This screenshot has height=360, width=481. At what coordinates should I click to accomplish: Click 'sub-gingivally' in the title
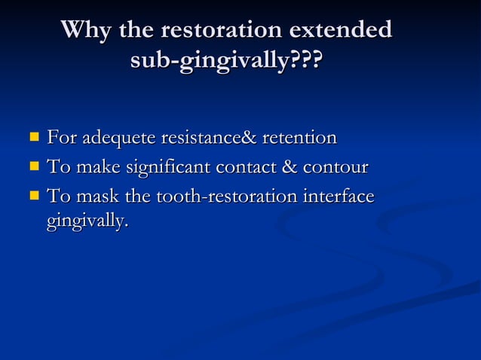pos(210,60)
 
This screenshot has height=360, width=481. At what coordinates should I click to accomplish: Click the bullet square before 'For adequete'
pos(34,138)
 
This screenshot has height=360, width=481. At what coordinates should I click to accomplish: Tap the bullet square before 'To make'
pos(34,166)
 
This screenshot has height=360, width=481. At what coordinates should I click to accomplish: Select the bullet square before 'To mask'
pos(34,196)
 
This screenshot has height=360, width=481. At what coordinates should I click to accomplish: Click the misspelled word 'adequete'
pos(118,139)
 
